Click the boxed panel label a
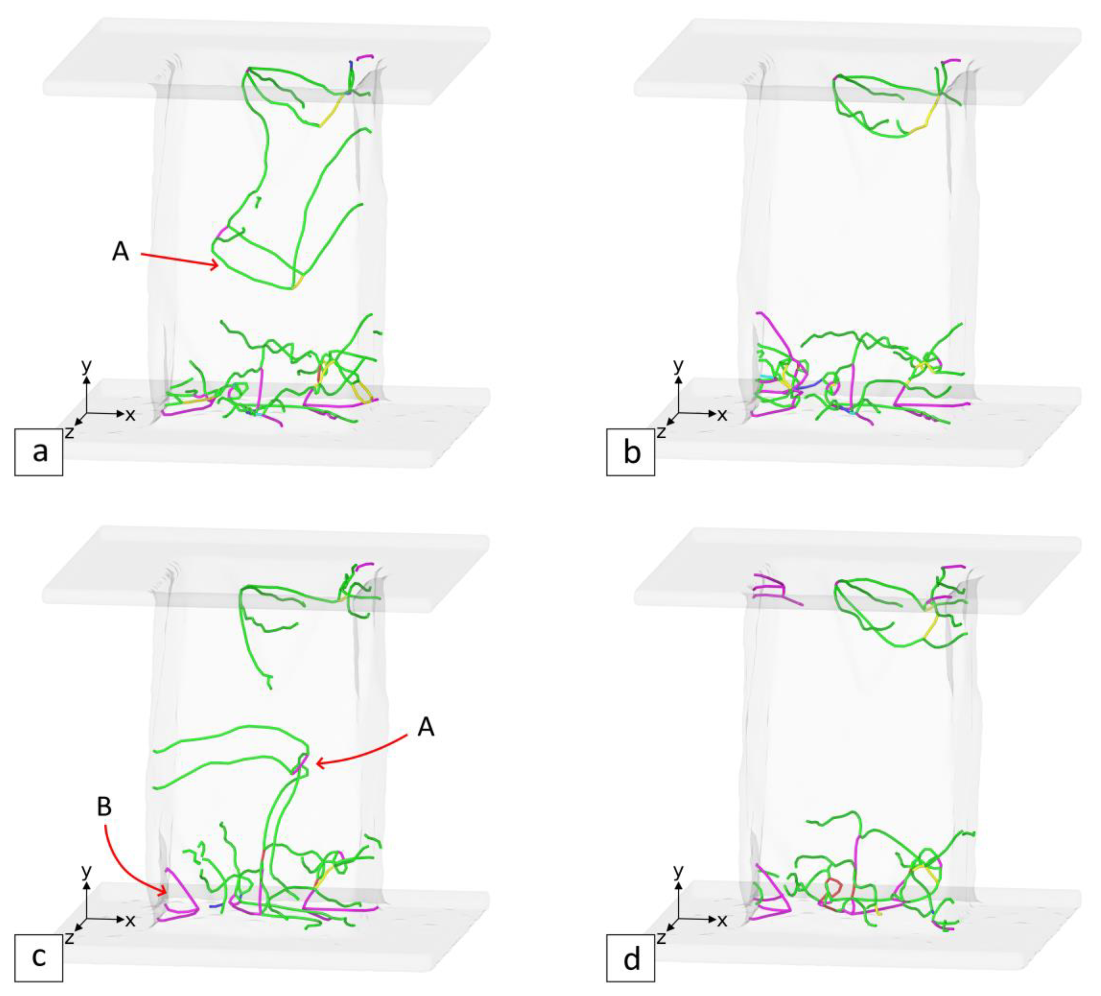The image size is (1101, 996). (39, 452)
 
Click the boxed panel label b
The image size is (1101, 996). (631, 452)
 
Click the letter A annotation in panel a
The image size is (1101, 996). (121, 252)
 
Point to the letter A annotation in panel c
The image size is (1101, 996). (426, 727)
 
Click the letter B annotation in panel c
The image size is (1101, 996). (104, 807)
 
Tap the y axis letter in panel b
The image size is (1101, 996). (679, 366)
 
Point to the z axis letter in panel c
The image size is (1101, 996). (69, 938)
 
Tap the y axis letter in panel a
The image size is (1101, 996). (86, 366)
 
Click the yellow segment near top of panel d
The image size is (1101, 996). (932, 628)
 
